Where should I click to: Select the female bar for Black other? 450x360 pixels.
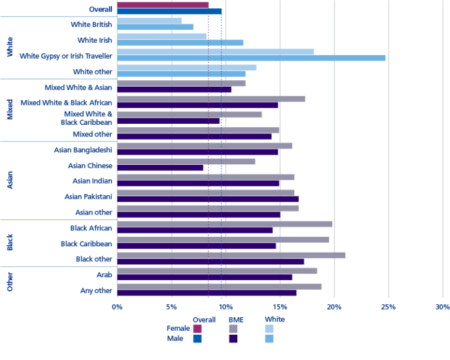click(231, 255)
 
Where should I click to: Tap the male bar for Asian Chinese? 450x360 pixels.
click(160, 168)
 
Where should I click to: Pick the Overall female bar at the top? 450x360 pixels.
click(163, 5)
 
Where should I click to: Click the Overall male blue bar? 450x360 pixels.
click(169, 11)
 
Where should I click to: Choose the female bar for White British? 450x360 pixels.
click(149, 21)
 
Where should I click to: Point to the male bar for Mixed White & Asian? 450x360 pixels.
click(174, 90)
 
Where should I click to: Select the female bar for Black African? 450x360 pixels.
click(224, 224)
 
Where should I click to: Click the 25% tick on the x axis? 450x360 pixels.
click(388, 307)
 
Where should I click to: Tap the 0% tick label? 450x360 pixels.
click(117, 307)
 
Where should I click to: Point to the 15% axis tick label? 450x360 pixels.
click(279, 307)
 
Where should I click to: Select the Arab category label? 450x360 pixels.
click(104, 274)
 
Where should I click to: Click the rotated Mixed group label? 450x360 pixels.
click(9, 110)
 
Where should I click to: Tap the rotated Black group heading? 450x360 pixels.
click(9, 242)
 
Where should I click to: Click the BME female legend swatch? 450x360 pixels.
click(233, 329)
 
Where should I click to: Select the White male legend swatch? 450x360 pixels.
click(269, 339)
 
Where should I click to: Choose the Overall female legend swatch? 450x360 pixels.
click(197, 329)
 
